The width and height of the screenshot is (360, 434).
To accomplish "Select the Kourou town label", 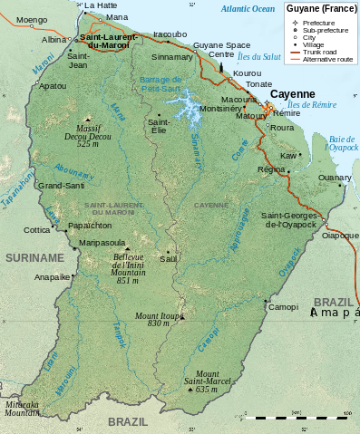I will point(247,72).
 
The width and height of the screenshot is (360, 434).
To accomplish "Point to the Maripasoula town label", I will point(102,243).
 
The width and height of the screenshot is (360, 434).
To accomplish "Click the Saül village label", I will point(168,258).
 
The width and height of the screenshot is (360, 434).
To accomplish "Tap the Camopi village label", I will point(284,307).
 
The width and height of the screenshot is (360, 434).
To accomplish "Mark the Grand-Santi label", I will point(60,185).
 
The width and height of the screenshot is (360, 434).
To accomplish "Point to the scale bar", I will point(300,418).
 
